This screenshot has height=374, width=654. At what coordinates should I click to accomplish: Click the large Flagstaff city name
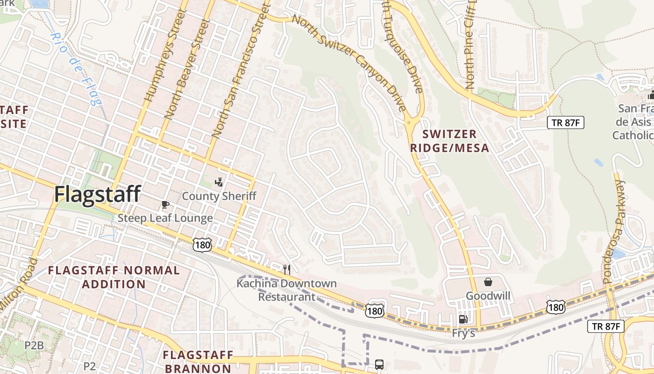click(97, 194)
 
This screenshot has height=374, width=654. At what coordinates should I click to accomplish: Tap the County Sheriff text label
click(219, 196)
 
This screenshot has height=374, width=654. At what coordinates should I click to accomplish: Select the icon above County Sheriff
click(219, 182)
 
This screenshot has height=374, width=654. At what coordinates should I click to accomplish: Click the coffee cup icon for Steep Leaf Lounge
click(165, 204)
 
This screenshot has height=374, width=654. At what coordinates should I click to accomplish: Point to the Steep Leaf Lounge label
click(165, 218)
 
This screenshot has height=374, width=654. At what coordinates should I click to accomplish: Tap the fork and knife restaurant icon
click(287, 269)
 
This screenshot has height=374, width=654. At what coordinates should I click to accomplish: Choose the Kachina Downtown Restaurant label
click(286, 290)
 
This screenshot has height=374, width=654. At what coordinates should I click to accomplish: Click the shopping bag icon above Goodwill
click(488, 282)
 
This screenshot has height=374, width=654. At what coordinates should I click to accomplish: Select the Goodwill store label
click(488, 296)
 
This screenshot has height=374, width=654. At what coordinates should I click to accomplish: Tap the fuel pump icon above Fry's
click(463, 319)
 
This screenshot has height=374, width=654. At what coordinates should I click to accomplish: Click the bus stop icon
click(379, 364)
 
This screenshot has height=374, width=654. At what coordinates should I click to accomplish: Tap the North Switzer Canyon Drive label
click(348, 63)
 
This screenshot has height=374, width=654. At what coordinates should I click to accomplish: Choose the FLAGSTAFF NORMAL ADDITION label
click(114, 277)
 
